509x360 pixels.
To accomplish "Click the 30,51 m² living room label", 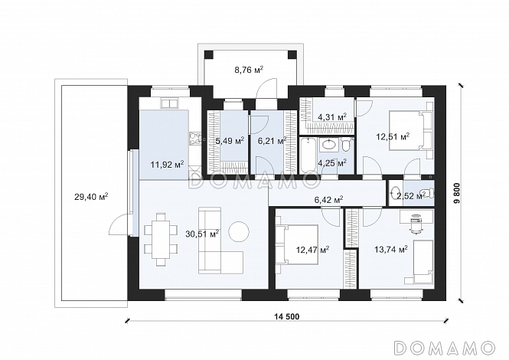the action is (202, 234).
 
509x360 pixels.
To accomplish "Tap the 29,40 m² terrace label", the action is (91, 197).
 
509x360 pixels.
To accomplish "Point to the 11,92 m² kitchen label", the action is (167, 164).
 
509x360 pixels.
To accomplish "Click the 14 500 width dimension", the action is (286, 316).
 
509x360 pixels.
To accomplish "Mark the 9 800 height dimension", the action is (458, 193).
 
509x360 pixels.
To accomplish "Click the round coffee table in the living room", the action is (239, 231).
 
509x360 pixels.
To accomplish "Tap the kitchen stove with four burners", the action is (194, 139).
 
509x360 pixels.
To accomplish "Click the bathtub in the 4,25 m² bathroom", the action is (308, 155).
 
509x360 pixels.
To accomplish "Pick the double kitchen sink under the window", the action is (169, 103).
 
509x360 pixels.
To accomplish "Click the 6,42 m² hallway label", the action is (328, 200).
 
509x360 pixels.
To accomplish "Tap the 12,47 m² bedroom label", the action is (313, 250).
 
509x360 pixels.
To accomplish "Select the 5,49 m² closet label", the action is (230, 141).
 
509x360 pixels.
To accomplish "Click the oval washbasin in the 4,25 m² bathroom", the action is (329, 145).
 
